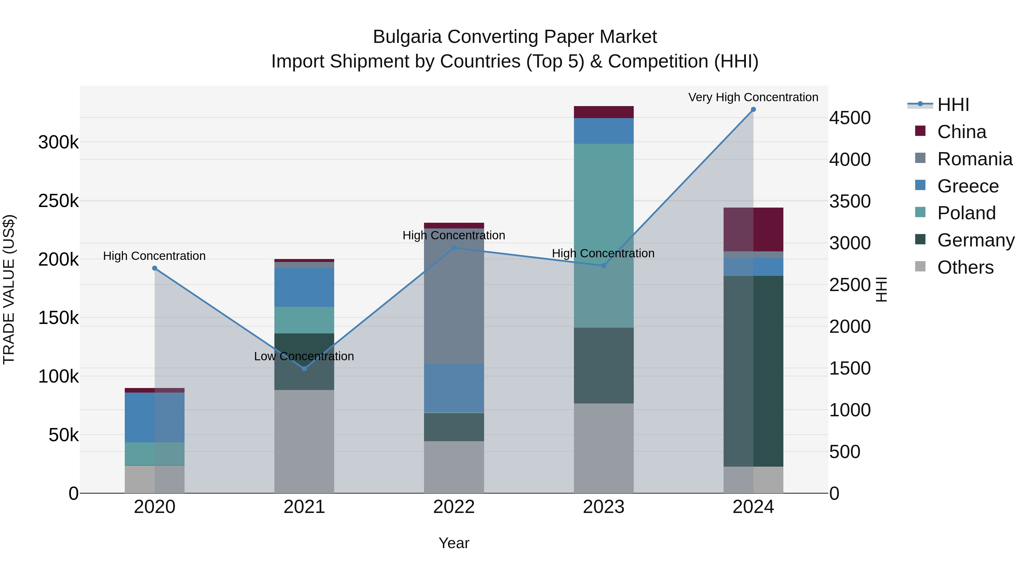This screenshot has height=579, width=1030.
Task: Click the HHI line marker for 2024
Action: (x=753, y=110)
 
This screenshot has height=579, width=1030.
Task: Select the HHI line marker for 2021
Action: (x=304, y=369)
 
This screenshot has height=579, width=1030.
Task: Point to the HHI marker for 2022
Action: (x=454, y=248)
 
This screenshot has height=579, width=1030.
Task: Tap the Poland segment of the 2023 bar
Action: (x=604, y=236)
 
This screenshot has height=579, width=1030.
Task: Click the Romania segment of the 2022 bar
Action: (x=454, y=296)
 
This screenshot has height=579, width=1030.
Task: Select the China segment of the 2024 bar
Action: (x=753, y=229)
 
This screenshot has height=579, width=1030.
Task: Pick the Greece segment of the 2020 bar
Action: (x=155, y=417)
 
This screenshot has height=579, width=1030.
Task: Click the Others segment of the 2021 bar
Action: (x=304, y=441)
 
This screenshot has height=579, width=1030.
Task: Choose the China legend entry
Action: (x=961, y=132)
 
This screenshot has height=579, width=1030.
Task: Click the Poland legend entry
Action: (x=966, y=213)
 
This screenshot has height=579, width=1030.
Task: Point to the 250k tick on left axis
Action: (x=58, y=201)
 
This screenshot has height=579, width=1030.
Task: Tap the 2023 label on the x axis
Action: (x=604, y=507)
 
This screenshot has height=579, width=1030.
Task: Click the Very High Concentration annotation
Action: (x=753, y=97)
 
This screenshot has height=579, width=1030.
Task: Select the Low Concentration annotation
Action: (x=304, y=356)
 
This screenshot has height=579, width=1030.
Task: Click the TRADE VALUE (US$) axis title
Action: (x=9, y=289)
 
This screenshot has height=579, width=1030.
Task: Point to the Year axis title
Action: (x=454, y=543)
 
